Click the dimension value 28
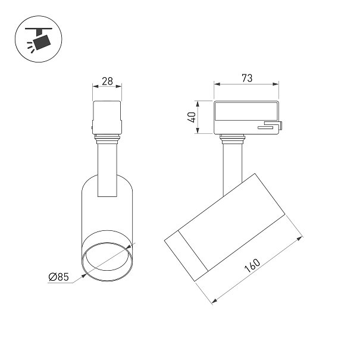108,82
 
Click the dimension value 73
247,79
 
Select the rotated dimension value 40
192,117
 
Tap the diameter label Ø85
59,277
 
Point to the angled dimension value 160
252,265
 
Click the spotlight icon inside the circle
39,39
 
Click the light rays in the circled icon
31,47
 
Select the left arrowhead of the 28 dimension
96,86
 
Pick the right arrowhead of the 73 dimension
276,84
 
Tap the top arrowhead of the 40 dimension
198,104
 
